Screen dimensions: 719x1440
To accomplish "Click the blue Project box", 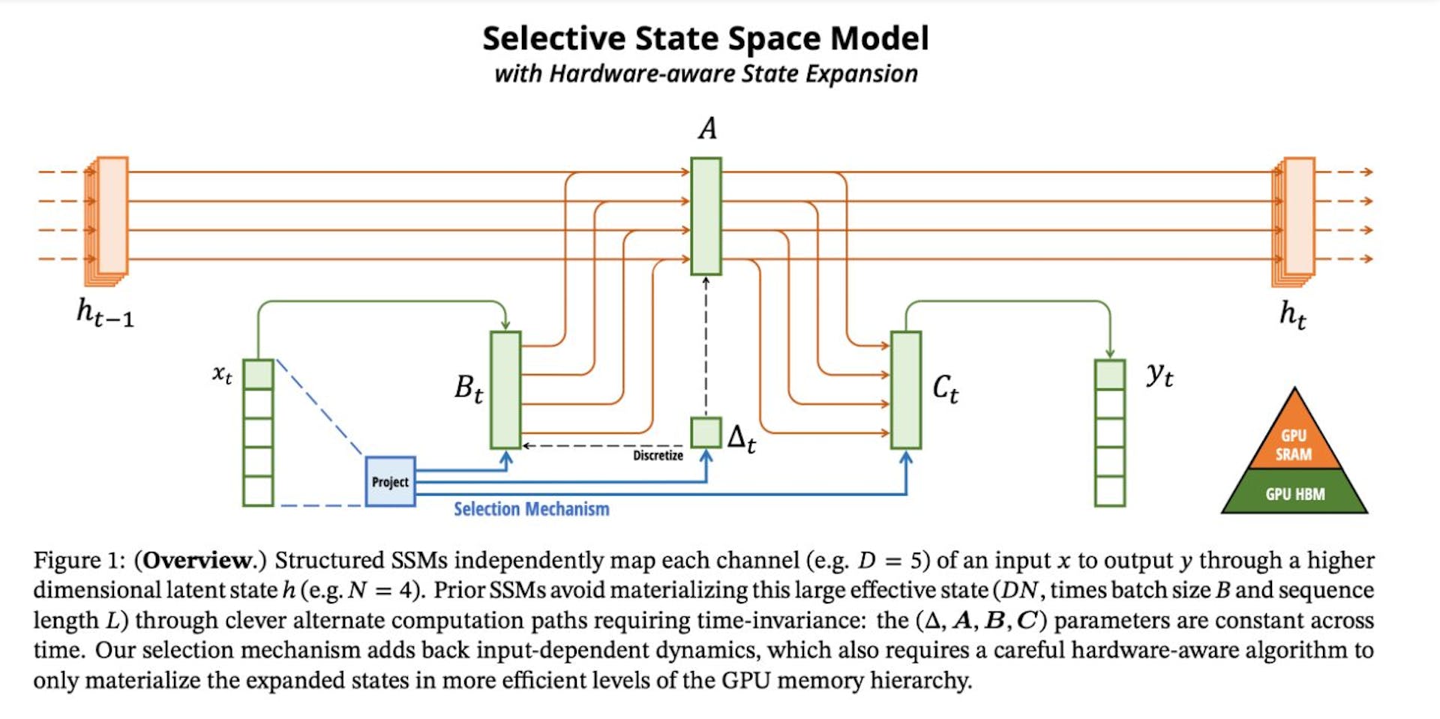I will click(390, 481).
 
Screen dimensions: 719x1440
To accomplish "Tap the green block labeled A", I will click(706, 216).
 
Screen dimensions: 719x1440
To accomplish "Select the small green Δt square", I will click(706, 433).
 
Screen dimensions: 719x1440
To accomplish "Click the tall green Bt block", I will click(505, 390).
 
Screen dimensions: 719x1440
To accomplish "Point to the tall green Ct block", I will click(906, 390).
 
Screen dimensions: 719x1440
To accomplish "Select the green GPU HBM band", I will click(1294, 493).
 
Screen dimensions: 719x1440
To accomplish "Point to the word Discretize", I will click(658, 455).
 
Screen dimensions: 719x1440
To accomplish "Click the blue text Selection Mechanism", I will click(531, 509).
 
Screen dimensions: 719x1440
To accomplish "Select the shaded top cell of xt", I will click(258, 374).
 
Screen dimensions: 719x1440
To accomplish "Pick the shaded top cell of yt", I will click(1109, 374).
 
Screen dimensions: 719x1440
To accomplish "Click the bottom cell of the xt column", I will click(258, 491).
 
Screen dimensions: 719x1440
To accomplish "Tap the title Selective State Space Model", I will click(705, 38).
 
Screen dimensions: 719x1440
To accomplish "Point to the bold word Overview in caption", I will click(198, 560).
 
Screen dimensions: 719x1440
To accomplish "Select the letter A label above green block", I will click(706, 128).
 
